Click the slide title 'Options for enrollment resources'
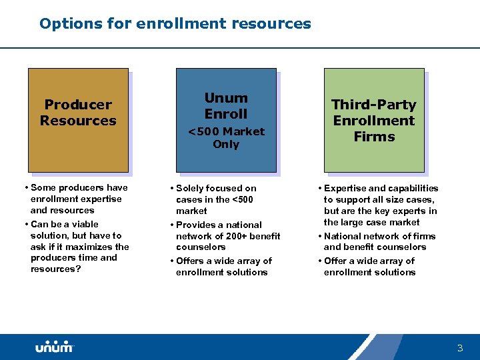click(175, 24)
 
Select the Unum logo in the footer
click(55, 347)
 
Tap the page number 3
click(459, 348)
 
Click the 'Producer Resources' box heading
click(78, 113)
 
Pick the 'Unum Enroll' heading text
click(226, 106)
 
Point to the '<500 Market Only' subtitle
click(226, 138)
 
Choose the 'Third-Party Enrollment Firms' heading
click(374, 121)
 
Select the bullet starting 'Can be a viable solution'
click(79, 247)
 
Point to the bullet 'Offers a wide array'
click(223, 266)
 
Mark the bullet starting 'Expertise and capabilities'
click(380, 205)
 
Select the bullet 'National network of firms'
click(379, 241)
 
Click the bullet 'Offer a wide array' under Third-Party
click(369, 266)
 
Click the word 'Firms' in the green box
click(374, 137)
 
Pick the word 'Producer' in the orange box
click(78, 105)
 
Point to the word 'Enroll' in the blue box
click(226, 114)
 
